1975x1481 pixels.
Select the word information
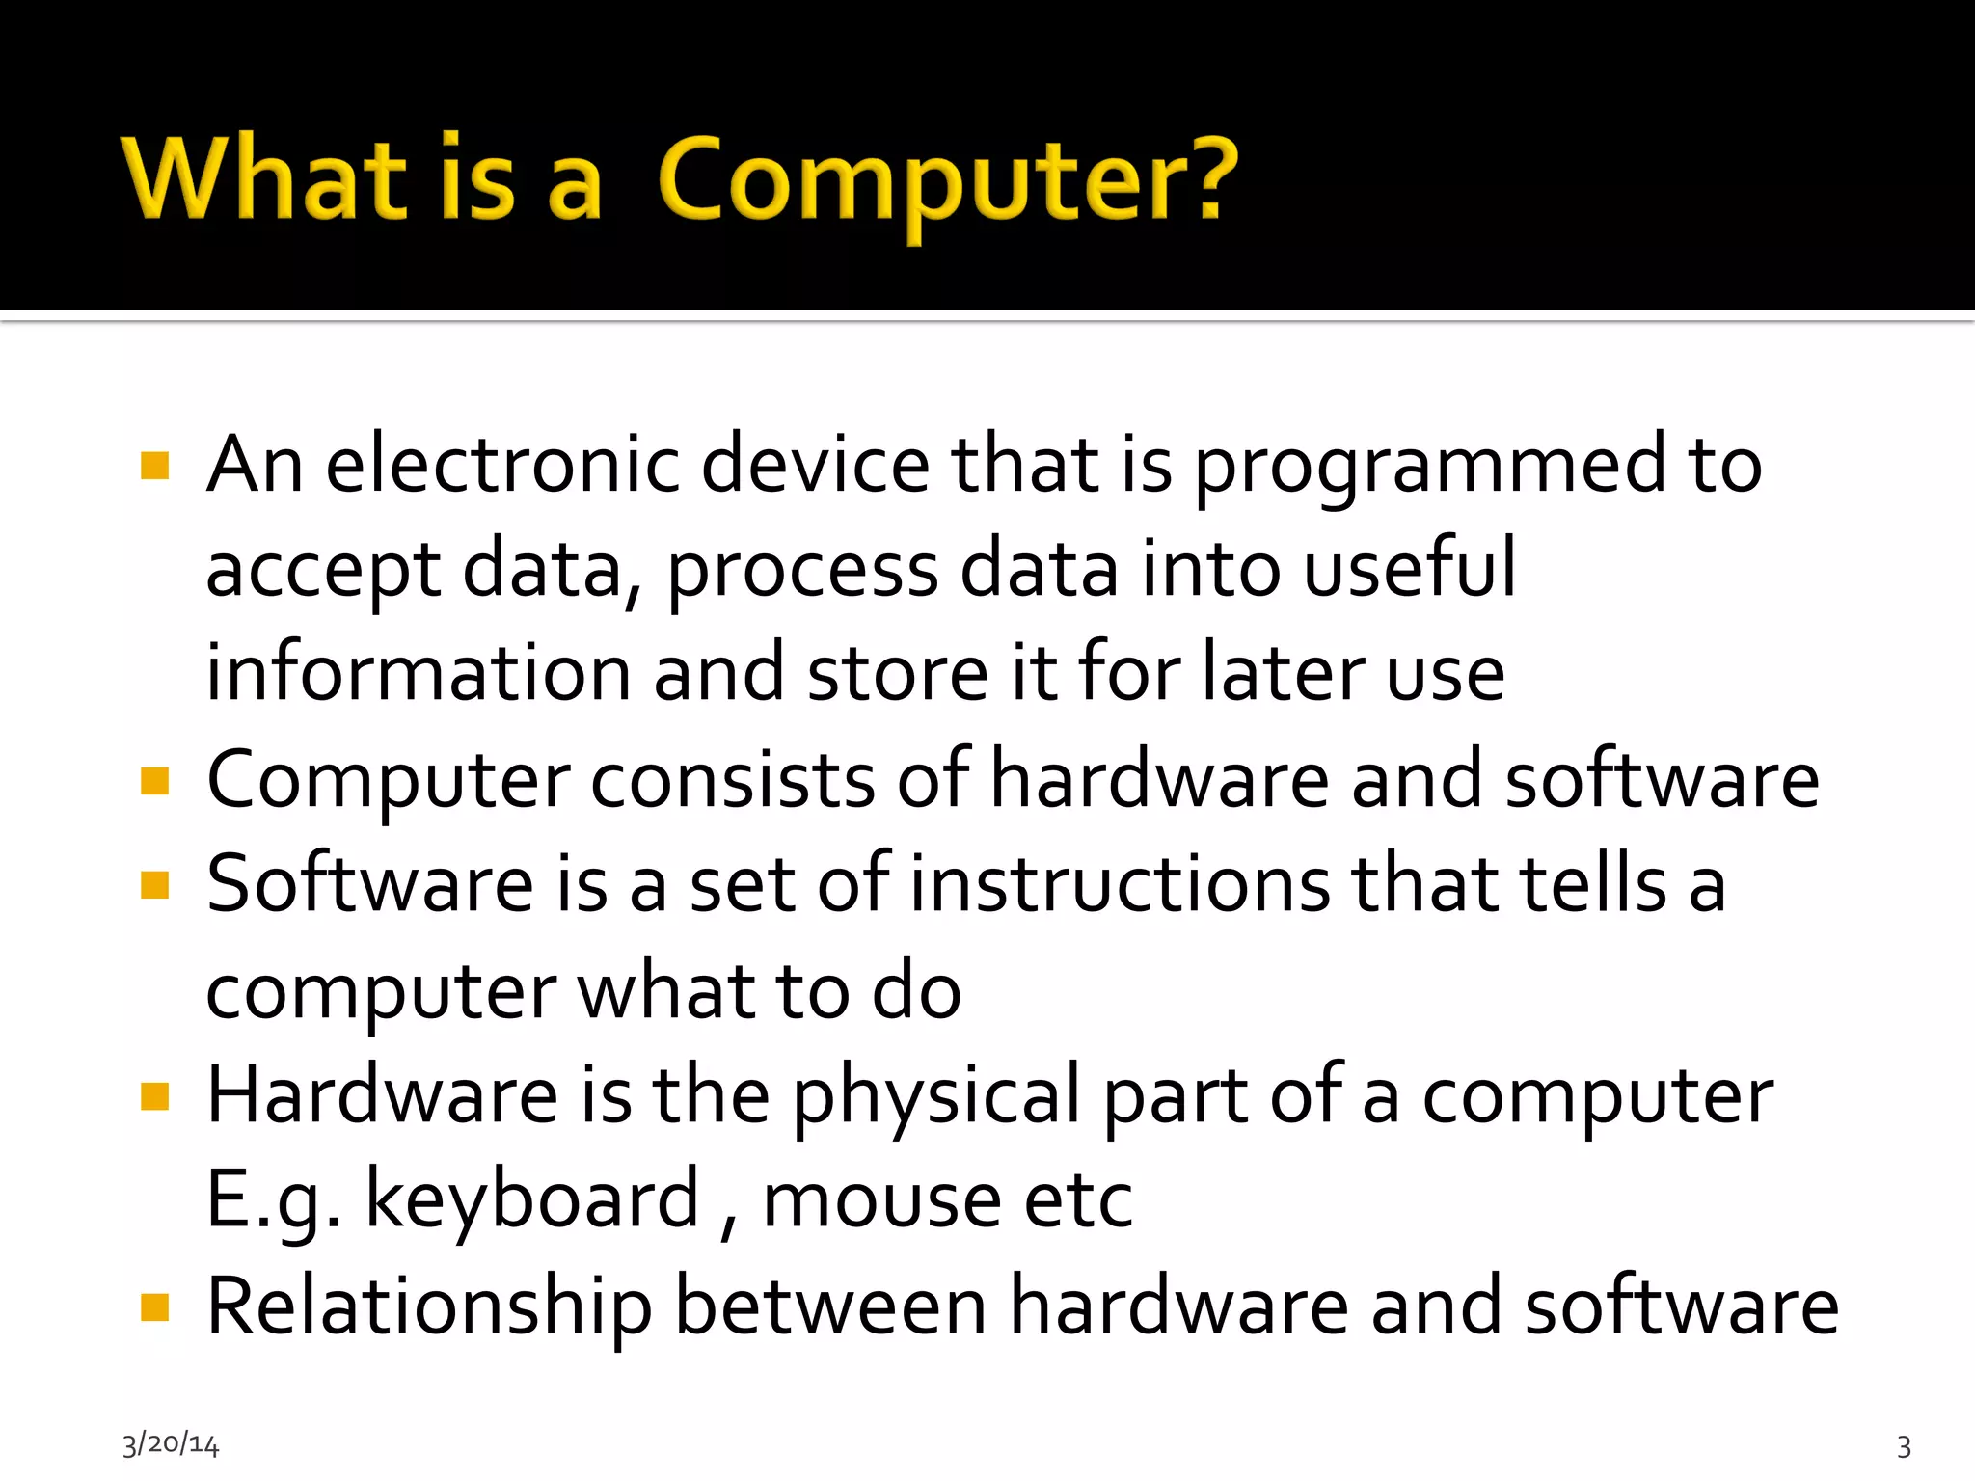click(x=419, y=672)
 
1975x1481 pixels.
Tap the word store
click(x=897, y=673)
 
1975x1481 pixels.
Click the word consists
click(x=733, y=779)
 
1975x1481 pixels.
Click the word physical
click(x=936, y=1098)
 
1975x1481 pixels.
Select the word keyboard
click(x=531, y=1200)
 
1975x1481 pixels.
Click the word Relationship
click(x=429, y=1308)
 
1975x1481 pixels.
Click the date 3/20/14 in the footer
click(x=171, y=1444)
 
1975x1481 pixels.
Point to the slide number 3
click(x=1904, y=1446)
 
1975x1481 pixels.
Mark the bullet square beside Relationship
click(x=154, y=1307)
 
